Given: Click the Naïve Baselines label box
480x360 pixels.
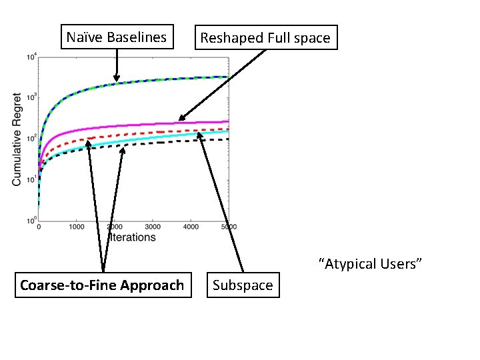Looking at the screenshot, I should tap(117, 37).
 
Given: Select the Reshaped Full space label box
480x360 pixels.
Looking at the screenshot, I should tap(265, 38).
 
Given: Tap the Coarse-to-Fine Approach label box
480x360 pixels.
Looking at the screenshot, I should tap(102, 285).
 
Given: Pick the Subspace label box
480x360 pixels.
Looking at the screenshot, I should tap(243, 285).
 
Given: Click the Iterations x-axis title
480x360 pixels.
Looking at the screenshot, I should tap(132, 237).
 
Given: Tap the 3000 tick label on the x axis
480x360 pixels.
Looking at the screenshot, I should tap(153, 227).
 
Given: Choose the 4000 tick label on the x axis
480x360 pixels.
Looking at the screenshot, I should tap(191, 227).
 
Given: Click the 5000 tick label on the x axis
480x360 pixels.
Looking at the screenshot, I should tap(228, 227).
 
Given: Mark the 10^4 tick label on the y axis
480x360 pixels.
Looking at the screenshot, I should tap(30, 57).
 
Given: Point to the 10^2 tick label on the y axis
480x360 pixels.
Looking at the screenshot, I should tap(30, 139).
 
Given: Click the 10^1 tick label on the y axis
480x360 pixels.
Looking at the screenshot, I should tap(30, 179).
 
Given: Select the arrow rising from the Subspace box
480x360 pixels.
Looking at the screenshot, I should tap(220, 200).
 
